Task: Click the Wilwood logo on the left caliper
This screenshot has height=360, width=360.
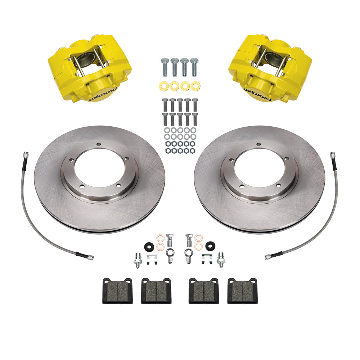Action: click(103, 94)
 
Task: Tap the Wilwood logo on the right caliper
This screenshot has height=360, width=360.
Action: click(257, 94)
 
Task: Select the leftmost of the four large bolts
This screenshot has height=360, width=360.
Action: click(165, 67)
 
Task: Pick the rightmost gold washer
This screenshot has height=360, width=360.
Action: click(195, 86)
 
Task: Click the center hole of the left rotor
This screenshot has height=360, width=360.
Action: click(99, 167)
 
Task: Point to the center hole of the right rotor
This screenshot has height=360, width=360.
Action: click(260, 167)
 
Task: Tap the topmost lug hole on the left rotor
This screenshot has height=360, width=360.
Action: click(99, 144)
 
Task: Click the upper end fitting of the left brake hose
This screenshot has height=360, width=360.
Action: click(26, 155)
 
